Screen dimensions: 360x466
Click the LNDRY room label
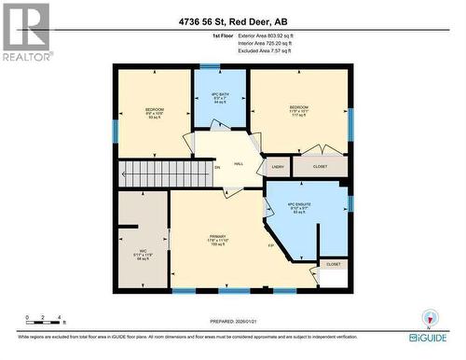point(277,167)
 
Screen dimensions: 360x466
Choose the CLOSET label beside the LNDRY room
point(319,167)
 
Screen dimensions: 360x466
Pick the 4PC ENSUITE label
point(298,209)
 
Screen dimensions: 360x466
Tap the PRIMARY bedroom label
point(219,240)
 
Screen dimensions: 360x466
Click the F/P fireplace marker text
point(271,245)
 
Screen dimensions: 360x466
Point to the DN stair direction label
point(217,168)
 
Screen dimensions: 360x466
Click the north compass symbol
point(429,318)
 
